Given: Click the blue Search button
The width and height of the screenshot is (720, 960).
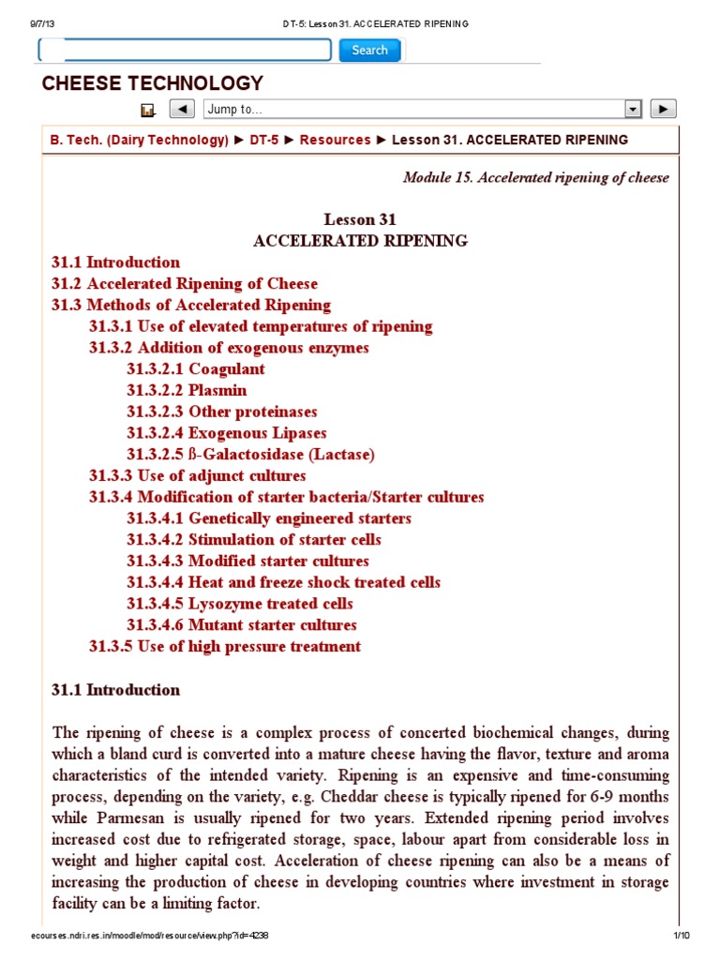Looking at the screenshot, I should pos(369,51).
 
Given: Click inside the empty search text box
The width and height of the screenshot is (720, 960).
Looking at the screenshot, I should pos(186,51).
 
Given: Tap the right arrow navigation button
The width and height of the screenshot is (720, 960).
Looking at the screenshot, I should pos(663,109).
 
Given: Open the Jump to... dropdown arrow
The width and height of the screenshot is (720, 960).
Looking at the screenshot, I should pos(633,109).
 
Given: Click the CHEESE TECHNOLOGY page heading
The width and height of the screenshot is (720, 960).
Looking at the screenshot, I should pos(153,83).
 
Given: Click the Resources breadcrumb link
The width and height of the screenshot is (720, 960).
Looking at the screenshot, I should pos(335,140).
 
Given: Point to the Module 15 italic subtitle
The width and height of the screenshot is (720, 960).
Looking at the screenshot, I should pos(535,177).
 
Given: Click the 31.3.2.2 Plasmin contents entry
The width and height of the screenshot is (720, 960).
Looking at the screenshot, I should pos(187,390).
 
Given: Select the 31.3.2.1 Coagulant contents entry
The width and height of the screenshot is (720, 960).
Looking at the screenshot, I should pos(196,368).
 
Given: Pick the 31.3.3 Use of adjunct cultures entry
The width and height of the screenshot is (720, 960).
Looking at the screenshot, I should pos(197,475).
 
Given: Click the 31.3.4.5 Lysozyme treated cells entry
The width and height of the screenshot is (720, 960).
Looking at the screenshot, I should pos(240,604).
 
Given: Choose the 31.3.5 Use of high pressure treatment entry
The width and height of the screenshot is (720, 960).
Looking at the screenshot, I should pos(224,646).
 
